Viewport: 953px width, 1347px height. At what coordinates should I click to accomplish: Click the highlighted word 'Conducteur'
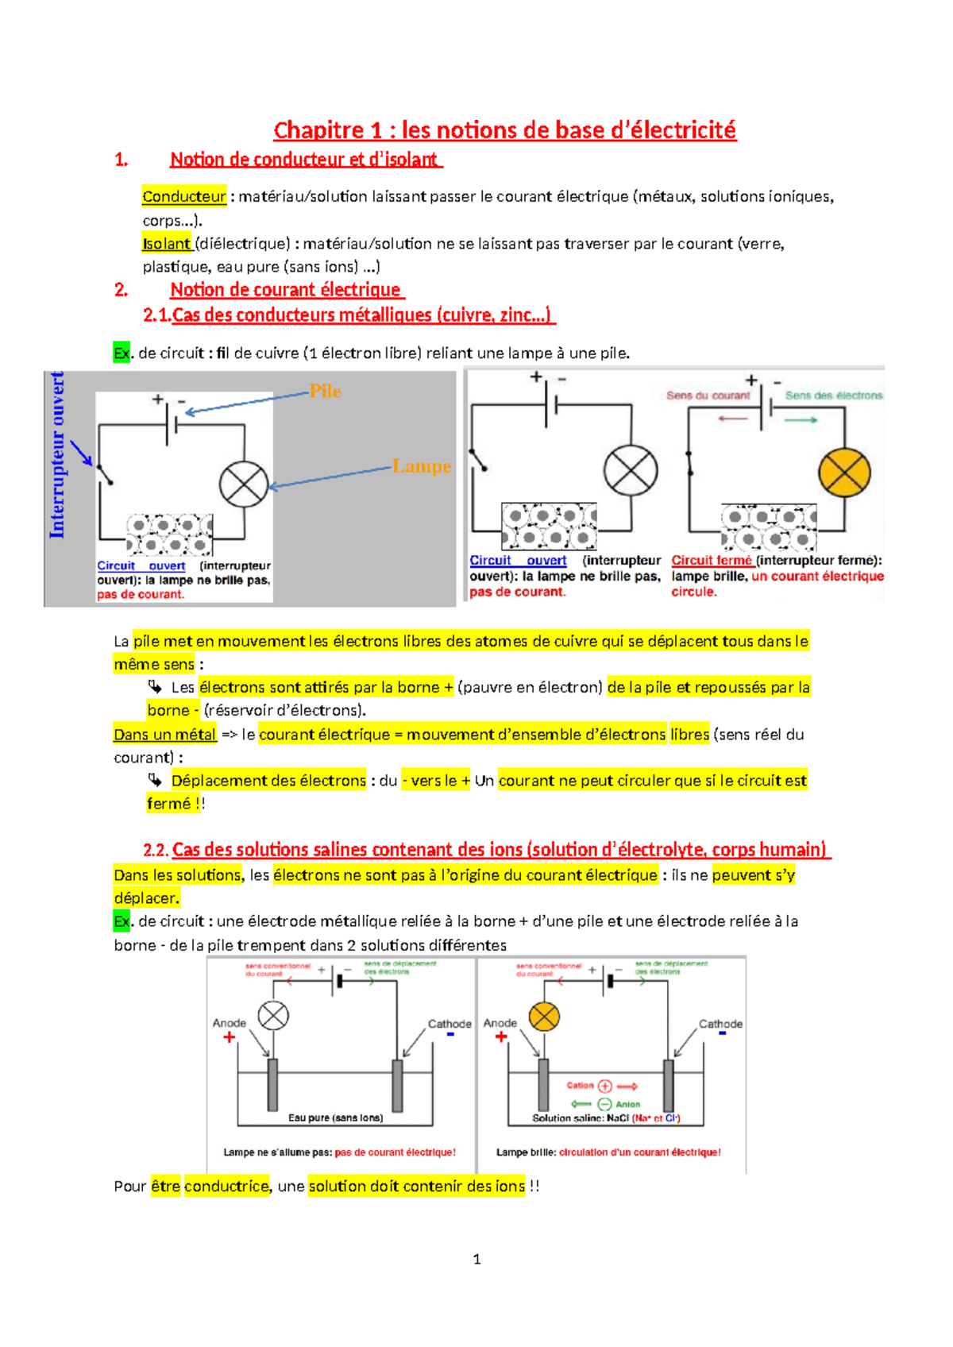184,196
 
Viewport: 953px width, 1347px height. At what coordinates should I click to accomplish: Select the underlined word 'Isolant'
167,243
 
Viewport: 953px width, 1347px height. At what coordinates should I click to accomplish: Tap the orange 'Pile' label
325,391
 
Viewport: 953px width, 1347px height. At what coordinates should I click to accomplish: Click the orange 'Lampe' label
421,466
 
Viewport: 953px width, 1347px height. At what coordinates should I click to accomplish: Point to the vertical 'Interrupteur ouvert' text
57,455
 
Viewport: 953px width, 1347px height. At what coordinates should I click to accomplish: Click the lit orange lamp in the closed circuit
844,473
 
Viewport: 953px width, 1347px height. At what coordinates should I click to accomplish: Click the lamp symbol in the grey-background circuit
244,484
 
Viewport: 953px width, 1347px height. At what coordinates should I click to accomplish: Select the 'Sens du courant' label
708,396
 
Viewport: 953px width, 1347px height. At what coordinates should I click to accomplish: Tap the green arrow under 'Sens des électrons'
801,419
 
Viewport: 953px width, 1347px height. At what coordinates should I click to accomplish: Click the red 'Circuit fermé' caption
712,561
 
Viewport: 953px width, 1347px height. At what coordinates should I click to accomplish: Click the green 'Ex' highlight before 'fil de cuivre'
122,353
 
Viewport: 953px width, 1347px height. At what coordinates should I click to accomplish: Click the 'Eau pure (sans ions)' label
335,1117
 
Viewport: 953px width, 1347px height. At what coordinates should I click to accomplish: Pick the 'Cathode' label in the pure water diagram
449,1024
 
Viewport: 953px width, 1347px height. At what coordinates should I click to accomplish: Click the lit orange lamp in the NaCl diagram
544,1016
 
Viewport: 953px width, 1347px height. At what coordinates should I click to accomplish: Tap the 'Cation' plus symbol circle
604,1086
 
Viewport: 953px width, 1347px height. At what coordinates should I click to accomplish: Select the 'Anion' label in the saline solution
627,1104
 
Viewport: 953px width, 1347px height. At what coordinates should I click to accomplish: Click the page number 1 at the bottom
476,1259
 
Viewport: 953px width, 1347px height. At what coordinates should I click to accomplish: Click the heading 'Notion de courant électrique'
286,290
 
